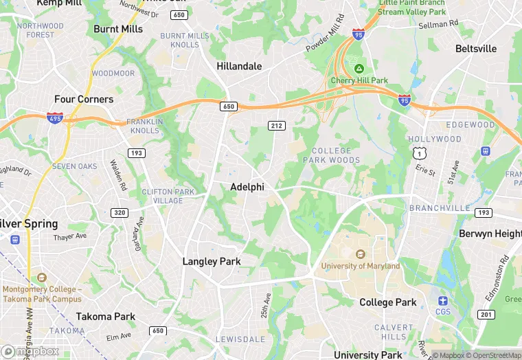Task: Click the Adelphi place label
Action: tap(247, 187)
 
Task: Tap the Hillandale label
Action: tap(239, 67)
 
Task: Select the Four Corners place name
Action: tap(84, 99)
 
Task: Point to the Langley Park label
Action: tap(212, 262)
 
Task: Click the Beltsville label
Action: tap(476, 49)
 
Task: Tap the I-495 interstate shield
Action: tap(56, 118)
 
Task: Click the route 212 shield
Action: tap(277, 125)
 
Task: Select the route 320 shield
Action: tap(120, 213)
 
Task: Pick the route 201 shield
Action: tap(486, 315)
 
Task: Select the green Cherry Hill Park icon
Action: tap(359, 69)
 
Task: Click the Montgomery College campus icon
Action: tap(42, 277)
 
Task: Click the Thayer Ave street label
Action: tap(70, 237)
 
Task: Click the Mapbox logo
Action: tap(30, 351)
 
